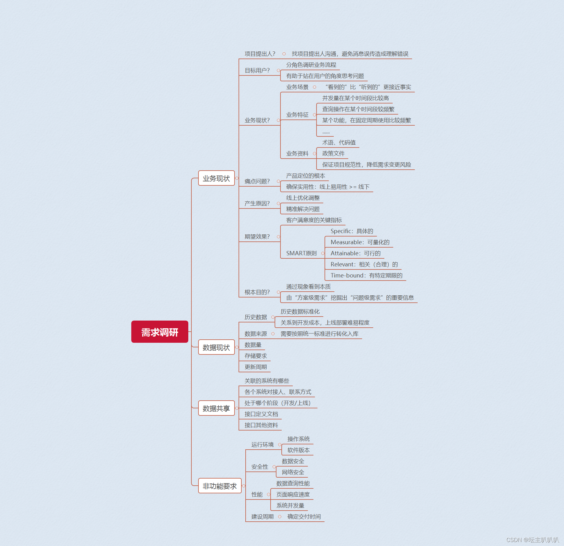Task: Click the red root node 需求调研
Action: (160, 332)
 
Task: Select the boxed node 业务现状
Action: (216, 178)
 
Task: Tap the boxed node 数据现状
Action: (216, 347)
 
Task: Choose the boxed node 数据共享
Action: (216, 408)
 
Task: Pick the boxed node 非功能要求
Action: (219, 486)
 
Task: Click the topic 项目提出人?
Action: (260, 54)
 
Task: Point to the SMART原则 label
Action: (301, 253)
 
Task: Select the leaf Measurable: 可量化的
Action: (360, 242)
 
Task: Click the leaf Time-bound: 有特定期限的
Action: (366, 275)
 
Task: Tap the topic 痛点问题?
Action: (257, 181)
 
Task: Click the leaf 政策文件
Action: (333, 153)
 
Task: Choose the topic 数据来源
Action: (255, 334)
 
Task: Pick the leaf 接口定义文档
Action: (261, 414)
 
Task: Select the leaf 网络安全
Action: (293, 472)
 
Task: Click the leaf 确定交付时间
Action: (304, 516)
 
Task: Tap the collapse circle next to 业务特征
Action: (314, 115)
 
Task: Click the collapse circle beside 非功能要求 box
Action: (244, 486)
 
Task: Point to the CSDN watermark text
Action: (532, 540)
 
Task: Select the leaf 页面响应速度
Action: (293, 494)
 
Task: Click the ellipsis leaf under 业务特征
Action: (326, 132)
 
